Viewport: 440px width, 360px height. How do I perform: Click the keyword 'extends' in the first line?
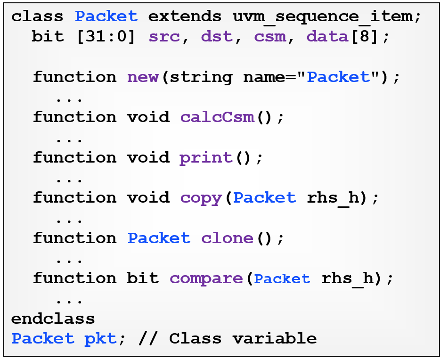pyautogui.click(x=185, y=16)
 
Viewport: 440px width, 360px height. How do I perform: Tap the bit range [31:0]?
pyautogui.click(x=106, y=37)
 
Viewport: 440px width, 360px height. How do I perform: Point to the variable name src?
pyautogui.click(x=164, y=37)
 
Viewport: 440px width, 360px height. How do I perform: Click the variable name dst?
pyautogui.click(x=217, y=36)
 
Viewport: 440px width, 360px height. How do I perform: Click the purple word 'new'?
pyautogui.click(x=143, y=77)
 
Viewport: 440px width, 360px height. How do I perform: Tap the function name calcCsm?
pyautogui.click(x=217, y=117)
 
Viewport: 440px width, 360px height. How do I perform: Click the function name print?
pyautogui.click(x=206, y=158)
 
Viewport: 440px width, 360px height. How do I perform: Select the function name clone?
pyautogui.click(x=227, y=238)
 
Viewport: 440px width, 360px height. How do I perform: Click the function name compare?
pyautogui.click(x=206, y=279)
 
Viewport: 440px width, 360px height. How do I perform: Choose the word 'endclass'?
pyautogui.click(x=53, y=319)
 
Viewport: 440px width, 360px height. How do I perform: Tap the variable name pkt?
pyautogui.click(x=100, y=339)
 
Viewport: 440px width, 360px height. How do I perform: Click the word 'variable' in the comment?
pyautogui.click(x=275, y=338)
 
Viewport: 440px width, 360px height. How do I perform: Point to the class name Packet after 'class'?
pyautogui.click(x=106, y=16)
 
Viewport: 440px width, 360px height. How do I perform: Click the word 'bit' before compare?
pyautogui.click(x=143, y=278)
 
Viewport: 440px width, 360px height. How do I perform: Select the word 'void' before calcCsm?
pyautogui.click(x=148, y=117)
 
